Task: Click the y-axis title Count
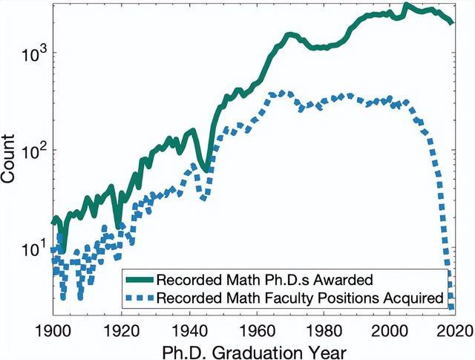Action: coord(7,159)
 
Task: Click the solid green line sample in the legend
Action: coord(140,279)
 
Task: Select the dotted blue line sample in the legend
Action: coord(140,298)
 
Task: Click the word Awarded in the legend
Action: coord(343,279)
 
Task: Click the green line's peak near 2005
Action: coord(407,4)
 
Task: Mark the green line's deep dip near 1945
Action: coord(206,170)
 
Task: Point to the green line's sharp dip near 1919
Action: coord(119,226)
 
